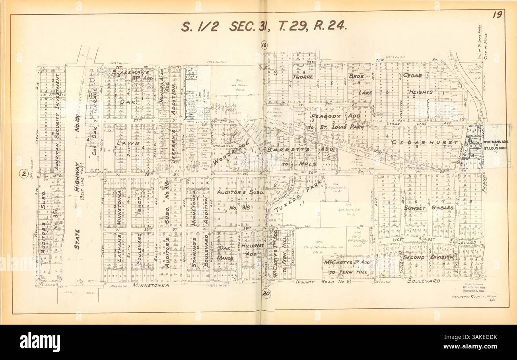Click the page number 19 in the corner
(497, 15)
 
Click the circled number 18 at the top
(264, 45)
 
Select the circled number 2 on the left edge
(24, 173)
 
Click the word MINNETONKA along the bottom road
(151, 285)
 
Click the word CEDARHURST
(424, 142)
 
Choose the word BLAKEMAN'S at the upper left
(130, 73)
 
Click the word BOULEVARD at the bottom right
(424, 281)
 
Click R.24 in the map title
(330, 26)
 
